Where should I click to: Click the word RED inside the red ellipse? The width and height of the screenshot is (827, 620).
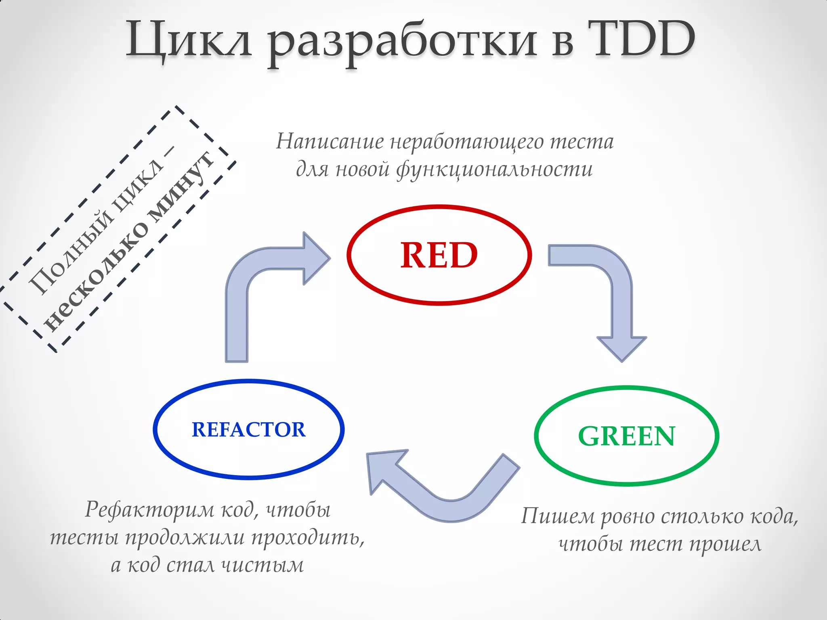[x=439, y=255]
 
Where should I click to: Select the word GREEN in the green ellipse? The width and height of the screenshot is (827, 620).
[x=626, y=436]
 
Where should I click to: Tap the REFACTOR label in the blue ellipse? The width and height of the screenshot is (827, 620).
[x=248, y=429]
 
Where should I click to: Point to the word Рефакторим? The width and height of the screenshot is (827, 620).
[x=150, y=509]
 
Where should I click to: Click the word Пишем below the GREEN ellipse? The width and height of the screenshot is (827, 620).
[x=557, y=516]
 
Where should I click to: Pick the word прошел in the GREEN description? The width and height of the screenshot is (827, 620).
[x=725, y=545]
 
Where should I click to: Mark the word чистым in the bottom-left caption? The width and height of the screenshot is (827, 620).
[x=263, y=565]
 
